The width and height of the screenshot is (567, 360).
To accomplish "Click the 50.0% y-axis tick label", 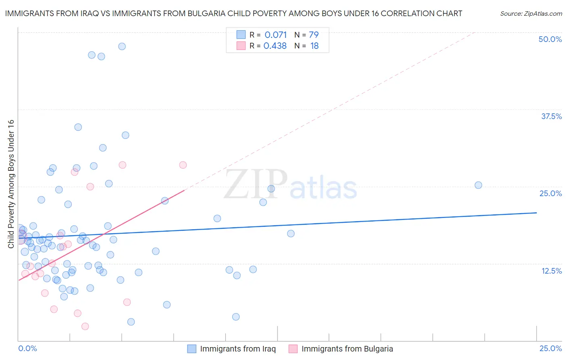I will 550,39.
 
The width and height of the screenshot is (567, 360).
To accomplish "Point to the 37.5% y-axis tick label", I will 551,116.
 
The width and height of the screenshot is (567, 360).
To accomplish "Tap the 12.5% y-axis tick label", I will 551,271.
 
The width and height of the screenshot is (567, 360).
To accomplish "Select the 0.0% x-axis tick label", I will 27,349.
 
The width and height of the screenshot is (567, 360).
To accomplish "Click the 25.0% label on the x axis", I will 550,349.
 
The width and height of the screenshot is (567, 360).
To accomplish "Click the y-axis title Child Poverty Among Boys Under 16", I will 11,184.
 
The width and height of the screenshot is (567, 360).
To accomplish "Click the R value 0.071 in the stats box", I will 275,35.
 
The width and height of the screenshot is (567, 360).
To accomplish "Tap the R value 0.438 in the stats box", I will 275,46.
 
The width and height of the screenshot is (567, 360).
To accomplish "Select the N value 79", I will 314,35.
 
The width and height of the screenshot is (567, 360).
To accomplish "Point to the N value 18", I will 315,46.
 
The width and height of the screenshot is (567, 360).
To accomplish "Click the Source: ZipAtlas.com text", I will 531,14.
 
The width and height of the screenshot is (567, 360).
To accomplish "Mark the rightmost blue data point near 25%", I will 478,185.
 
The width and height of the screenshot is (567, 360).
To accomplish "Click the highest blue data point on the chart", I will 122,46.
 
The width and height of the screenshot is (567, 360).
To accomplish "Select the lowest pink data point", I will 85,327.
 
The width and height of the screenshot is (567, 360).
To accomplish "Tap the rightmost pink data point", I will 183,165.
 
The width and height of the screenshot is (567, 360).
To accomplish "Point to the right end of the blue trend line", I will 536,213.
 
